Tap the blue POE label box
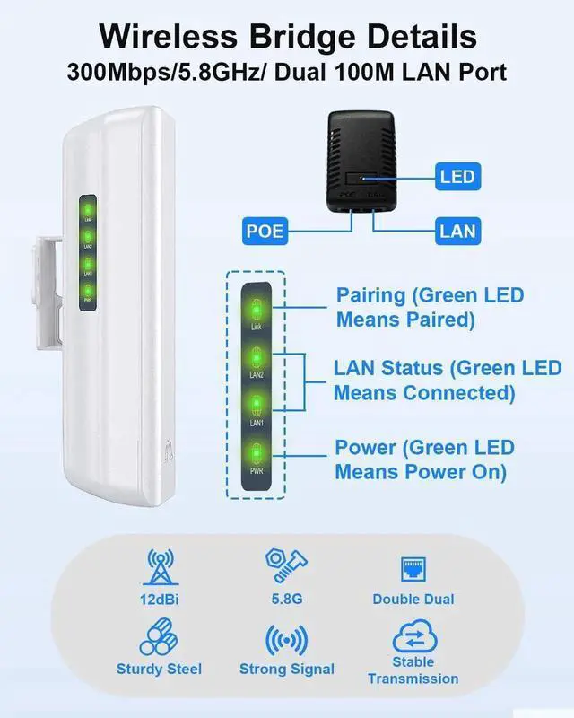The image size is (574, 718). (265, 231)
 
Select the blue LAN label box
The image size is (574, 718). (457, 231)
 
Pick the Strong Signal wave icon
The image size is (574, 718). (286, 641)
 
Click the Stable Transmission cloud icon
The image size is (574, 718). (413, 639)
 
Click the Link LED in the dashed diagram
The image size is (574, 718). (256, 311)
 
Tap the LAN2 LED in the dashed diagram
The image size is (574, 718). (256, 360)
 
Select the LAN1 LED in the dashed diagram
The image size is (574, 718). (256, 406)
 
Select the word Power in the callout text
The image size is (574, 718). (363, 447)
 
